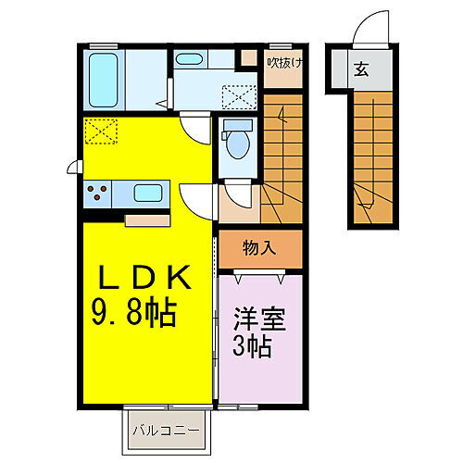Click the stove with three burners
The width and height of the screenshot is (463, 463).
coord(98,194)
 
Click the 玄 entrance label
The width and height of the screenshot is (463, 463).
coord(359,69)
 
